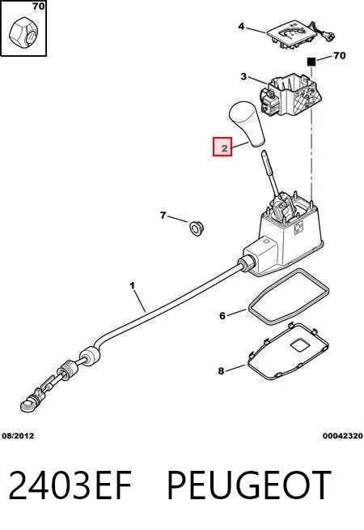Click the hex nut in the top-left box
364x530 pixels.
[23, 32]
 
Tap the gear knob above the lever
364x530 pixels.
[248, 124]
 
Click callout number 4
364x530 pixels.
[241, 26]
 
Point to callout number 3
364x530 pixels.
[243, 77]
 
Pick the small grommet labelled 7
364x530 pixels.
[197, 229]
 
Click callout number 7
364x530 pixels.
[163, 216]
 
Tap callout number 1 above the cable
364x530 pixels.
[132, 286]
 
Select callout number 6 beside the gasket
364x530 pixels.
[222, 316]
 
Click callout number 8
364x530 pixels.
[221, 371]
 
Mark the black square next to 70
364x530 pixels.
[311, 62]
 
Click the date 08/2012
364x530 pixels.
[19, 436]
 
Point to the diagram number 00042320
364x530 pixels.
[343, 436]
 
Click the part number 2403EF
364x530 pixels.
[70, 485]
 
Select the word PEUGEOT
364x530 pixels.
[248, 485]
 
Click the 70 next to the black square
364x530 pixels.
[340, 55]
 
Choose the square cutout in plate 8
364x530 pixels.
[299, 344]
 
